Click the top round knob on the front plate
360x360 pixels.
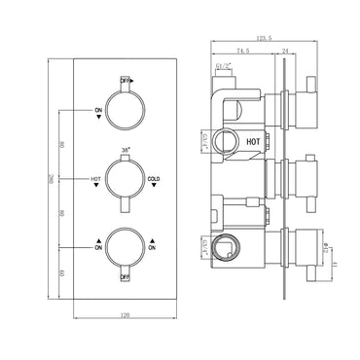coord(125,109)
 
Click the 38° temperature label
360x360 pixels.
coord(125,151)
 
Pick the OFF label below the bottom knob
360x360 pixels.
coord(125,276)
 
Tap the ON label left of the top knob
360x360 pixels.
coord(98,112)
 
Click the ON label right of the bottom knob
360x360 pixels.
coord(152,248)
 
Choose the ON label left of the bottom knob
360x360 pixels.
coord(98,248)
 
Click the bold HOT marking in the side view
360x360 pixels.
coord(254,139)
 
